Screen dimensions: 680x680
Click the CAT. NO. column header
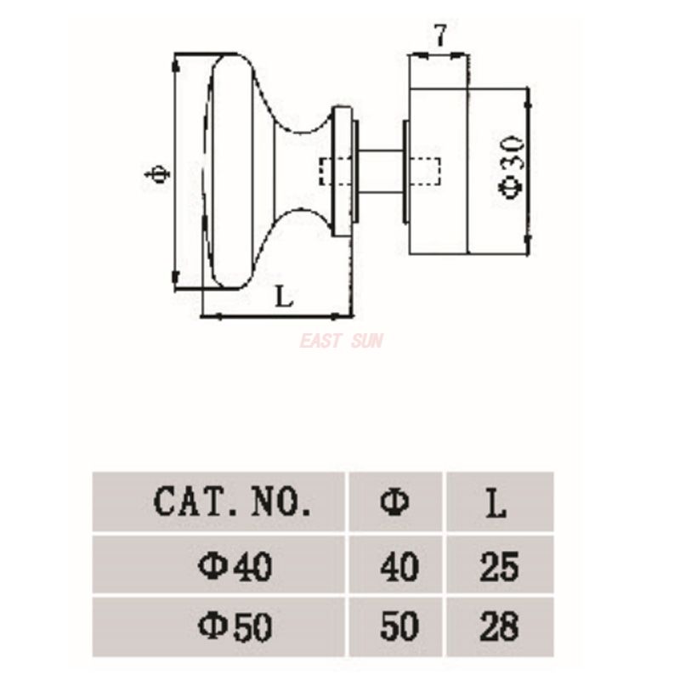(x=231, y=501)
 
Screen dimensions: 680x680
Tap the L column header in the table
(x=497, y=501)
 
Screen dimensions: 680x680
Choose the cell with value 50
(x=397, y=627)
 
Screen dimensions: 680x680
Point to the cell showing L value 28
(x=498, y=627)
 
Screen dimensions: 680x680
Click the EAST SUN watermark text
(x=341, y=341)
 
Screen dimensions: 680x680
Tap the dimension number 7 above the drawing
(x=439, y=36)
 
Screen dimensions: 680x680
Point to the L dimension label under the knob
(x=284, y=297)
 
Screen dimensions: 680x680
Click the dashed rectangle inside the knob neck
(x=327, y=172)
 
